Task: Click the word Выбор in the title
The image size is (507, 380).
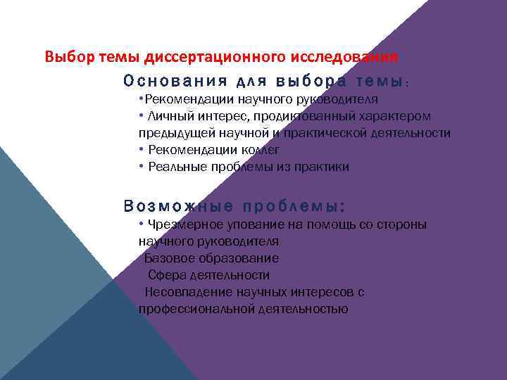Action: point(64,56)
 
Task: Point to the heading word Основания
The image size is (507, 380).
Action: point(163,81)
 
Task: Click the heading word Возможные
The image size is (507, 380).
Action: point(177,207)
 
